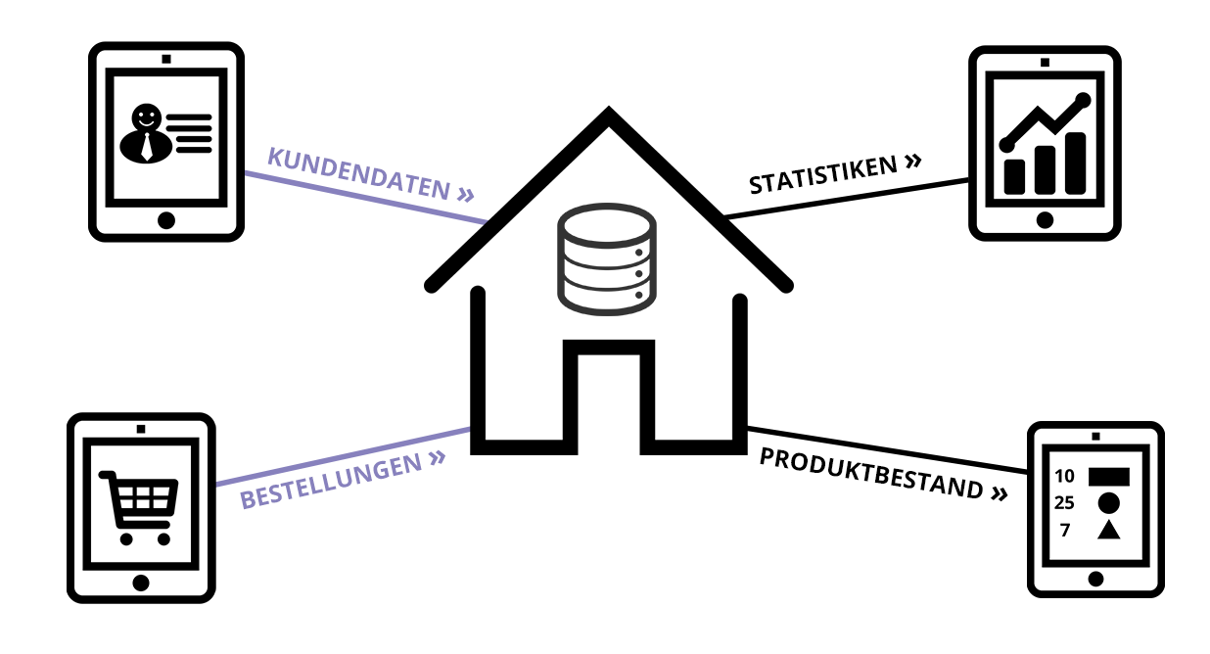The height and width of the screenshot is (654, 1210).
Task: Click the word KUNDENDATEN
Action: pyautogui.click(x=358, y=174)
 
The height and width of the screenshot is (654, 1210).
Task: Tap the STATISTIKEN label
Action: pyautogui.click(x=822, y=174)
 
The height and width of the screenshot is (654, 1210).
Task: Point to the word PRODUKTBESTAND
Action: pyautogui.click(x=870, y=473)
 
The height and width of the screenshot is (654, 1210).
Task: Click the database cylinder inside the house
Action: pyautogui.click(x=607, y=259)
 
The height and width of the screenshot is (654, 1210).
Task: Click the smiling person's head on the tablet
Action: pyautogui.click(x=147, y=117)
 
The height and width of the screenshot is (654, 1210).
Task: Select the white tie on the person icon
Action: pyautogui.click(x=147, y=146)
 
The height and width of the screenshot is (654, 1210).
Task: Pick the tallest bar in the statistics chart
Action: pyautogui.click(x=1075, y=163)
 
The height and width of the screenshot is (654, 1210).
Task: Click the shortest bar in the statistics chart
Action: pyautogui.click(x=1014, y=176)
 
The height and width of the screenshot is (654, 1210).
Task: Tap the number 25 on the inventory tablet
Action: pyautogui.click(x=1063, y=503)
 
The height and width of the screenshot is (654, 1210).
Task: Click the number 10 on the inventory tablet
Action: pyautogui.click(x=1064, y=476)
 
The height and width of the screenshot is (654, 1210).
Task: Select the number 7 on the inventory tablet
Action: pyautogui.click(x=1065, y=531)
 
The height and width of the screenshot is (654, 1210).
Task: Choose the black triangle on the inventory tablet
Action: pyautogui.click(x=1108, y=531)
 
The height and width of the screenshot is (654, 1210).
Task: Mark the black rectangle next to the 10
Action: pyautogui.click(x=1108, y=477)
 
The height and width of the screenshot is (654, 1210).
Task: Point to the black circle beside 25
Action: pyautogui.click(x=1108, y=503)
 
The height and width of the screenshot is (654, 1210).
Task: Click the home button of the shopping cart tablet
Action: pyautogui.click(x=141, y=584)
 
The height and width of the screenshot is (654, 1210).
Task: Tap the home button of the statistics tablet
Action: pyautogui.click(x=1045, y=220)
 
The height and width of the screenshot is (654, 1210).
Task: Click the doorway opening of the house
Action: pyautogui.click(x=609, y=404)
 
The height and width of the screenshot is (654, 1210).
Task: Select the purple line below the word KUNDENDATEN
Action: pyautogui.click(x=366, y=198)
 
